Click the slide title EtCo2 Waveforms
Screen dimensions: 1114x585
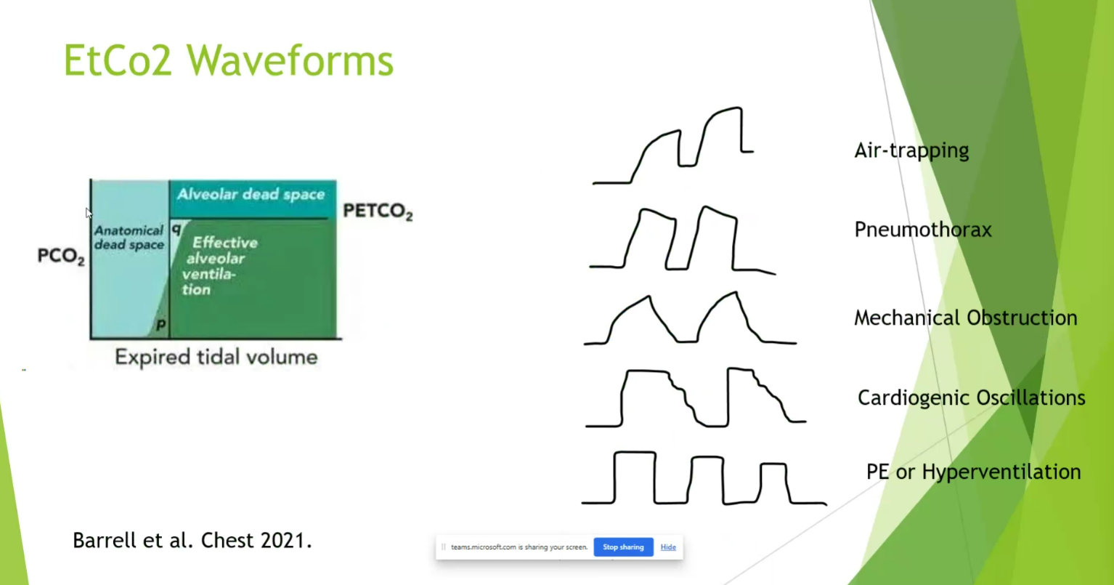(x=229, y=60)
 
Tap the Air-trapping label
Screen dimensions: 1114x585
(x=911, y=150)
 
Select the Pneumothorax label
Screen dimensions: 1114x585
(x=923, y=230)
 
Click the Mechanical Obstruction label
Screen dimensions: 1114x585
(x=966, y=318)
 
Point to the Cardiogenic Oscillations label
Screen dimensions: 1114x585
(x=971, y=398)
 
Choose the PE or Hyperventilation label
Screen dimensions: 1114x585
(x=974, y=472)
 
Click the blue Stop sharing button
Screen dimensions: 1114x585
(x=623, y=547)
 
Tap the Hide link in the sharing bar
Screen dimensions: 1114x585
(x=668, y=547)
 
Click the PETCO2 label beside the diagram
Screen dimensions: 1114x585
(x=378, y=211)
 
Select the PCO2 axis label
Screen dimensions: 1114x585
(x=61, y=256)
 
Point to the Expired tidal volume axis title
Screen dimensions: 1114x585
(x=216, y=358)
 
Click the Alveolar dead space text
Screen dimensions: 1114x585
(x=251, y=194)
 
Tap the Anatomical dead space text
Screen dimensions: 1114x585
(x=129, y=238)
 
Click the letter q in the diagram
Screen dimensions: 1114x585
(x=176, y=228)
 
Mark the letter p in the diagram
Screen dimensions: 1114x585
(x=160, y=325)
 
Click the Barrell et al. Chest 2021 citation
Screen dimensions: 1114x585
(x=192, y=540)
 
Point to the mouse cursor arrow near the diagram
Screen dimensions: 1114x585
(x=89, y=213)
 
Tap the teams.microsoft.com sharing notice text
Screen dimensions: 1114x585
(x=519, y=547)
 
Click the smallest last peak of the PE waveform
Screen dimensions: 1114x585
(x=773, y=465)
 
